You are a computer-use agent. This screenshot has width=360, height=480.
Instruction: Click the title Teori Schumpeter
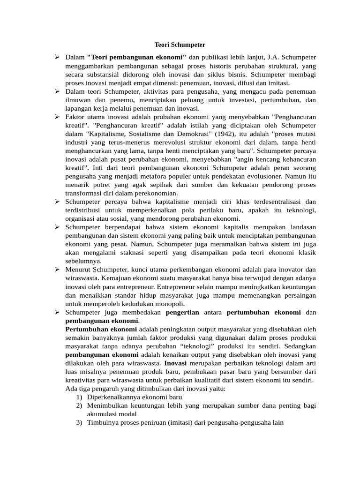point(180,45)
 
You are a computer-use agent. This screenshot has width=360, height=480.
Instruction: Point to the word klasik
point(306,253)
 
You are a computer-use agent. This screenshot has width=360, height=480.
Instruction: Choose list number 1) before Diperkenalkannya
point(79,397)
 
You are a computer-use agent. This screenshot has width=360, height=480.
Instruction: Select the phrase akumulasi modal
point(112,414)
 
